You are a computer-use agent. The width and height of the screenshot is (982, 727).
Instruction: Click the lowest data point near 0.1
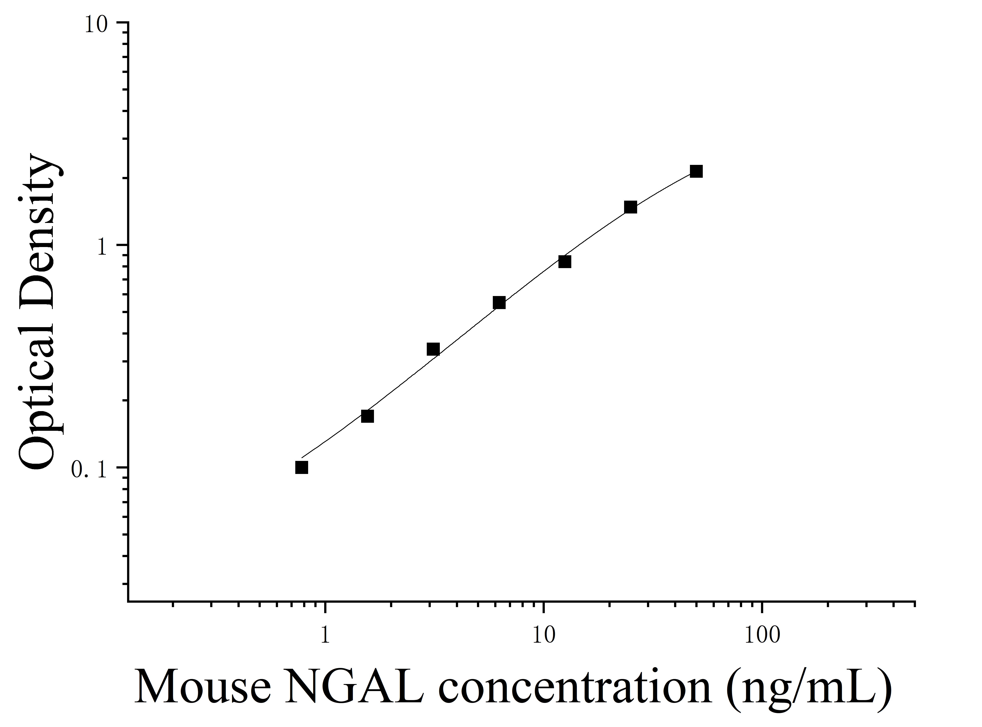click(302, 467)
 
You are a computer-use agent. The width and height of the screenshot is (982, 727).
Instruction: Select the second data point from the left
click(368, 416)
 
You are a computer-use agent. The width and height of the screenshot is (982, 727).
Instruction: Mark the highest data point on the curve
click(696, 171)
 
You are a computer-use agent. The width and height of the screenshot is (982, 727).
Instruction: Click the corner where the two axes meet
click(128, 601)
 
